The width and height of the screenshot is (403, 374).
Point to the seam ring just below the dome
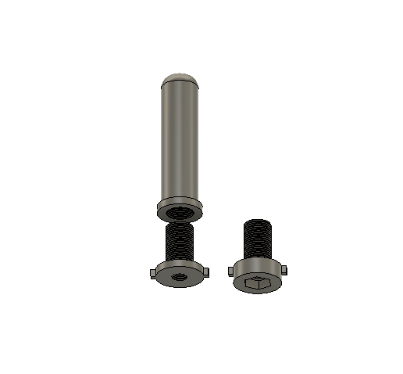click(179, 85)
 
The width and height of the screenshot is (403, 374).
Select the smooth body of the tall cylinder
click(179, 141)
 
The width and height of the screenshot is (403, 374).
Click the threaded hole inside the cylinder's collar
click(180, 210)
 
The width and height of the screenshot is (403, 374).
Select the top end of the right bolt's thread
click(259, 221)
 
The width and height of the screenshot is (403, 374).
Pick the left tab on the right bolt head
click(230, 271)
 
